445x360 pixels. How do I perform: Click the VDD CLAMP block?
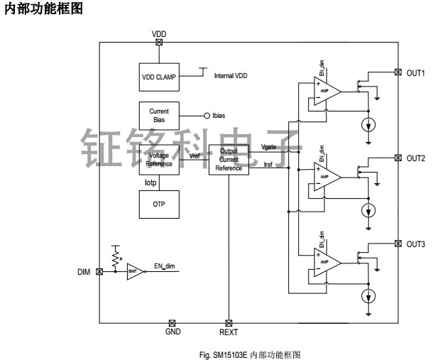click(x=158, y=77)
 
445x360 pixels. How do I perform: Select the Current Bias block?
click(x=158, y=116)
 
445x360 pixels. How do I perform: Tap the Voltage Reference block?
click(x=158, y=158)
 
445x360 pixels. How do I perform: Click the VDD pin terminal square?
click(x=158, y=42)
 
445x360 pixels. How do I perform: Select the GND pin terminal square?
click(x=172, y=322)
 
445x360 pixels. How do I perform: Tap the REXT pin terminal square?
click(x=228, y=322)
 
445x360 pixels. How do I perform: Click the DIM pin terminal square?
click(x=99, y=271)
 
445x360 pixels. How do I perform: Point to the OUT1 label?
click(x=416, y=72)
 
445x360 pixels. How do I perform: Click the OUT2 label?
click(x=416, y=158)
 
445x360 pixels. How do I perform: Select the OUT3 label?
click(x=416, y=244)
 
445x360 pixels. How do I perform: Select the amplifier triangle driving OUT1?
click(x=326, y=91)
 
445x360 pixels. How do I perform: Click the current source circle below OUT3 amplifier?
click(x=368, y=295)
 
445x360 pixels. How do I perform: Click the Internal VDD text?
click(x=235, y=75)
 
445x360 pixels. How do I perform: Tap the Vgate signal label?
click(x=269, y=146)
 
